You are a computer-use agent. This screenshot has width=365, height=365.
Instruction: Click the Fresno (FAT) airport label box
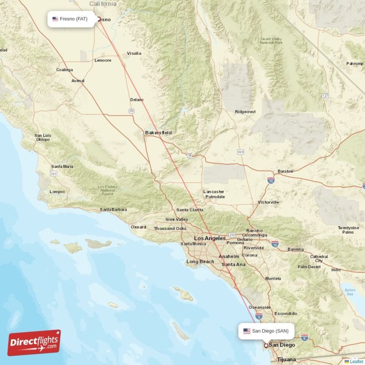coord(71,19)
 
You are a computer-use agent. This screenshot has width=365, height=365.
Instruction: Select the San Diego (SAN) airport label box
coord(266,331)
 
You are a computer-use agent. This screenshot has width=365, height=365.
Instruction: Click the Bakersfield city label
coord(158,132)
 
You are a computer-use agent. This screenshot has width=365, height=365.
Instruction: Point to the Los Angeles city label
coord(209,238)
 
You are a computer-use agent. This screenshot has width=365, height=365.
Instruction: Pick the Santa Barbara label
coord(113,209)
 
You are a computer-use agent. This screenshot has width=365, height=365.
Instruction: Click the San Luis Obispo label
coord(42,137)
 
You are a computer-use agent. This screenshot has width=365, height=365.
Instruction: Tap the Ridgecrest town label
coord(245,112)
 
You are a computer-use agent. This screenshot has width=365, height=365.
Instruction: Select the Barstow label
coord(286,171)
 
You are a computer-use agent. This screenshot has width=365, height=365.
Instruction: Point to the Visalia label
coord(134,53)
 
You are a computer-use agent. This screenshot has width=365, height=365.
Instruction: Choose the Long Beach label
coord(200,261)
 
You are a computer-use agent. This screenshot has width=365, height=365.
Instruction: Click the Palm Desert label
coord(309,267)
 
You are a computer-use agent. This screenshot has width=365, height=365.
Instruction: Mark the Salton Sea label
coord(349,292)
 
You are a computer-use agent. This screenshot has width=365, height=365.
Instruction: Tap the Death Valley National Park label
coord(271,41)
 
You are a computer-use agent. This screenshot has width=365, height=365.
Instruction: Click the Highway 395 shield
coord(240,151)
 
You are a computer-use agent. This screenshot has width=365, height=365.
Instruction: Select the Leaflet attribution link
coord(356,361)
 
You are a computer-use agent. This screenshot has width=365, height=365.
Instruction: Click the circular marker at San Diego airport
coord(266,345)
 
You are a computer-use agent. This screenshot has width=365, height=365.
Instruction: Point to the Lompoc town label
coord(57,192)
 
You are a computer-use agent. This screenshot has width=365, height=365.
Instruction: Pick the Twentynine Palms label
coord(348,229)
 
